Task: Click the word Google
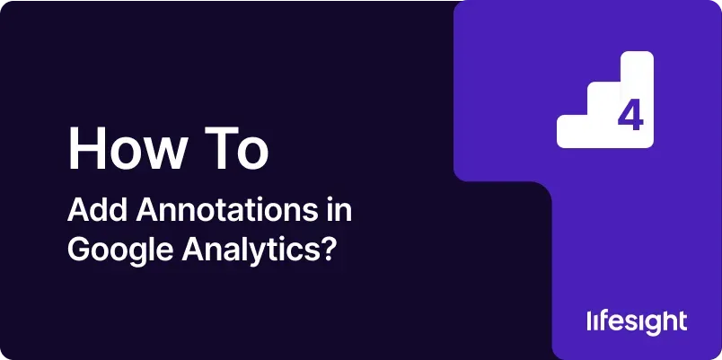tap(120, 251)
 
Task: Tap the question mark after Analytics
tap(326, 250)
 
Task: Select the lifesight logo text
tap(637, 322)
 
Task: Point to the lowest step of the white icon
tap(572, 132)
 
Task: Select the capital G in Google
tap(78, 250)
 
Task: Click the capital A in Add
tap(78, 211)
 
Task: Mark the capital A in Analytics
tap(192, 250)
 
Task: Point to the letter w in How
tap(164, 154)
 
